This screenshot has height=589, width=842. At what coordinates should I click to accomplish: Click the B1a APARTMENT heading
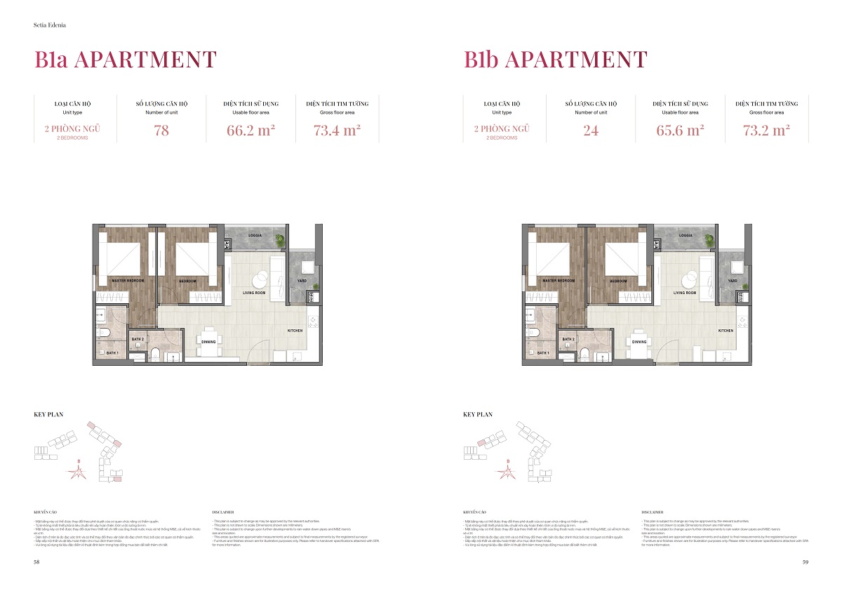(x=125, y=60)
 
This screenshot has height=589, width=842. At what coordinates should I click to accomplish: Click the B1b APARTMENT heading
(x=555, y=60)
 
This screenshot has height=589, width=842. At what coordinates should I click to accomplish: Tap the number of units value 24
(x=591, y=131)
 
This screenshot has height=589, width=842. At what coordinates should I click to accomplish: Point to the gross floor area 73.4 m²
(x=338, y=131)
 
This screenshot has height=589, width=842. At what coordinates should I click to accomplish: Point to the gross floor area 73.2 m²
(x=767, y=131)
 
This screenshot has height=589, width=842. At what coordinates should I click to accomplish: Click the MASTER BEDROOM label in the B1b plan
(x=558, y=281)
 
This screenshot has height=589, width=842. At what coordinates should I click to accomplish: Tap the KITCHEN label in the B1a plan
(x=295, y=330)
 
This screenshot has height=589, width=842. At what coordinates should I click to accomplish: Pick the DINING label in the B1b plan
(x=639, y=342)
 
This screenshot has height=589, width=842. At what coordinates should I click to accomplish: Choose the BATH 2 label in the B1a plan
(x=138, y=339)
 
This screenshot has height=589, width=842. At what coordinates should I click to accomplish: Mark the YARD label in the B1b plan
(x=733, y=281)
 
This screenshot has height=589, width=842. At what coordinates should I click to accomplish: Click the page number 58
(x=36, y=562)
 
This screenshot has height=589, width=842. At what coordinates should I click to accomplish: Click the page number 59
(x=806, y=562)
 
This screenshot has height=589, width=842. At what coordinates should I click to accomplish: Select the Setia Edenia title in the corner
(x=48, y=26)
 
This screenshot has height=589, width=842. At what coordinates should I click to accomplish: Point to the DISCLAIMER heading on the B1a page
(x=222, y=512)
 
